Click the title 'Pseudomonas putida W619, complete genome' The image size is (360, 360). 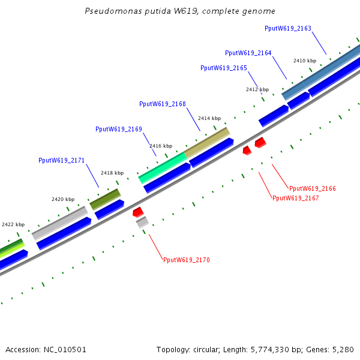pyautogui.click(x=180, y=11)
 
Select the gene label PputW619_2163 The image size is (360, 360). pyautogui.click(x=288, y=28)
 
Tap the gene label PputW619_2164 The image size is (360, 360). pyautogui.click(x=248, y=53)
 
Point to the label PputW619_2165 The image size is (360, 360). pyautogui.click(x=224, y=68)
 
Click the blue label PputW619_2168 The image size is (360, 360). pyautogui.click(x=163, y=104)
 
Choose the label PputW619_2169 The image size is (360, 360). pyautogui.click(x=119, y=129)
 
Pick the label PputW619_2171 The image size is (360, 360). pyautogui.click(x=62, y=160)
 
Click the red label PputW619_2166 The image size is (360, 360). pyautogui.click(x=313, y=188)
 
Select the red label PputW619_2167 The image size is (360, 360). pyautogui.click(x=296, y=198)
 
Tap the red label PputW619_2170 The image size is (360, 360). pyautogui.click(x=187, y=260)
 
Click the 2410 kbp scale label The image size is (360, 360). pyautogui.click(x=305, y=61)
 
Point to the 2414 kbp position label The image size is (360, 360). pyautogui.click(x=209, y=118)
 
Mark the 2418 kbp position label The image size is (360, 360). pyautogui.click(x=112, y=173)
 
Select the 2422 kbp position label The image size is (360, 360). pyautogui.click(x=13, y=224)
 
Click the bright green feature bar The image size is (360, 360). pyautogui.click(x=163, y=168)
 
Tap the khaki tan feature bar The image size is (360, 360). pyautogui.click(x=207, y=143)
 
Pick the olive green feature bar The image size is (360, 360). pyautogui.click(x=105, y=199)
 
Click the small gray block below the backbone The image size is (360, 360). pyautogui.click(x=142, y=222)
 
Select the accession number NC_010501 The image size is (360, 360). pyautogui.click(x=65, y=350)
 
